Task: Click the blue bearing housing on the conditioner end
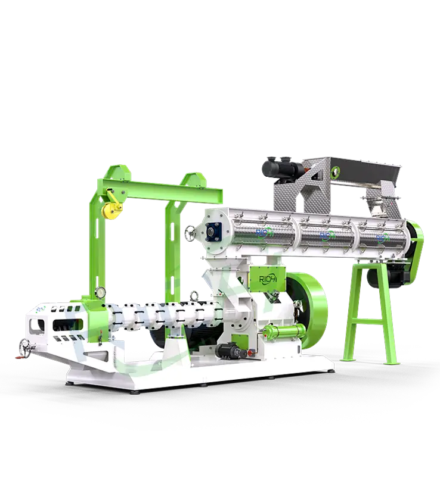point(213,230)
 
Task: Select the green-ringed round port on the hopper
point(336,171)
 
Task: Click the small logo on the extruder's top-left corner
point(39,310)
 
